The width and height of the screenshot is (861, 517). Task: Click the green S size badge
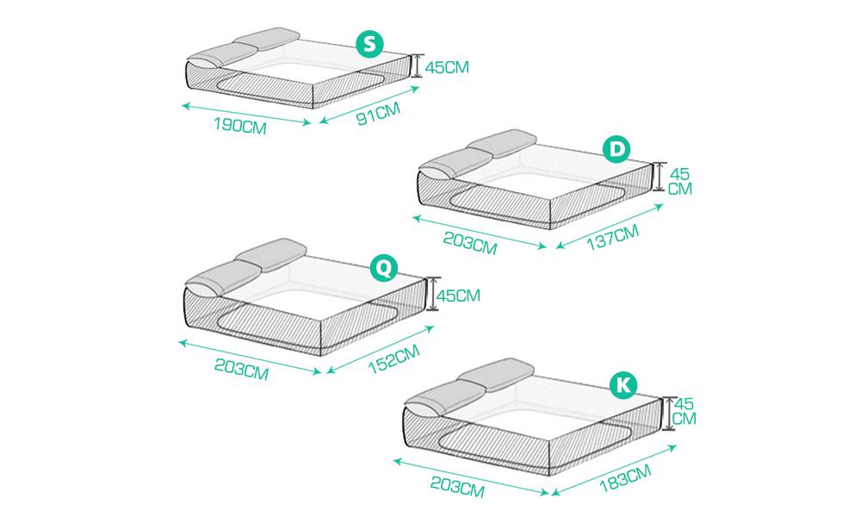click(369, 43)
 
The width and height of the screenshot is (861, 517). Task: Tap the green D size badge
click(616, 149)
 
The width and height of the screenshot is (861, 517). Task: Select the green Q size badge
click(384, 268)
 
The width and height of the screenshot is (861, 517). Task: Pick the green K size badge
click(623, 385)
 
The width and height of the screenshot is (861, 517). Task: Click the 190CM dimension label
click(240, 126)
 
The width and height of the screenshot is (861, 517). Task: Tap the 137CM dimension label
click(613, 237)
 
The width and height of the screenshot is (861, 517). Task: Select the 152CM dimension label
click(393, 358)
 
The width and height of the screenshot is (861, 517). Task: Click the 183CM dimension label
click(625, 478)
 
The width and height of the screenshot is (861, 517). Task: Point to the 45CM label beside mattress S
click(447, 67)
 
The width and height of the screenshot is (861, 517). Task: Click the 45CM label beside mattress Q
click(459, 296)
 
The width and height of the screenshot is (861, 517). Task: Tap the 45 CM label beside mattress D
click(680, 181)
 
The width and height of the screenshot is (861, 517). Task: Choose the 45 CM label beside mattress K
click(684, 411)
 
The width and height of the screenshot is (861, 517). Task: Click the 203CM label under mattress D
click(470, 243)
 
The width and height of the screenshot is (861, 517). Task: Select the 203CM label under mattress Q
click(241, 369)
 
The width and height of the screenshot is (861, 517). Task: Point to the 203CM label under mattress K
click(457, 487)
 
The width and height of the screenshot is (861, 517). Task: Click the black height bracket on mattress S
click(418, 65)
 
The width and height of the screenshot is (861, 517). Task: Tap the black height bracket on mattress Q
click(433, 293)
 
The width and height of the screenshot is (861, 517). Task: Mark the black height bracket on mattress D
click(660, 177)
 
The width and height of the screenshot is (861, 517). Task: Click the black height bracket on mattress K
click(668, 413)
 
